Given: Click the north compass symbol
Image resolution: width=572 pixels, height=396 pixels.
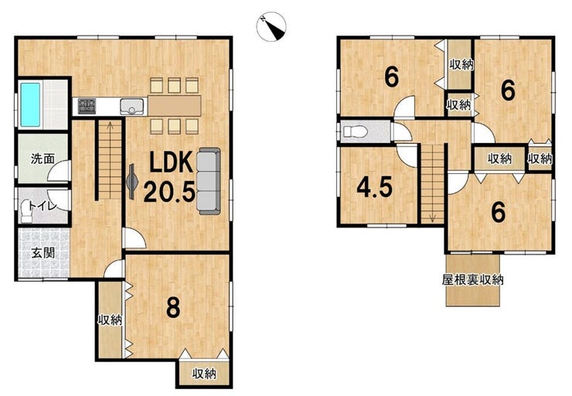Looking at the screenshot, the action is pos(271,26).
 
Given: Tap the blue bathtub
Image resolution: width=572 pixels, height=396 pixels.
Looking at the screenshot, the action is pos(30,104).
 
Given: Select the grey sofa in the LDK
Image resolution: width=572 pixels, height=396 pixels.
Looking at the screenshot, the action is pos(208,181).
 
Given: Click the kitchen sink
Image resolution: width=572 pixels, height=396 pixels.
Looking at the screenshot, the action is pos(131,107).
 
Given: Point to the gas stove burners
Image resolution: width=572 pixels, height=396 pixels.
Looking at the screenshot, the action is pos(87,106).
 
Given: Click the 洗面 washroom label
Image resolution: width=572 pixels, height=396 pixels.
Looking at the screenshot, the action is pos(43,159).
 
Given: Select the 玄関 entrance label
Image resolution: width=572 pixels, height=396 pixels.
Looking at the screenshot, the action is pos(43,253).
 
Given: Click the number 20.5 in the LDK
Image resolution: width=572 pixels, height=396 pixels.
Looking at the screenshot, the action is pos(169,192).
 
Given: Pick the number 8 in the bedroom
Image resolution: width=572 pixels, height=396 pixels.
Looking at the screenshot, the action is pos(173,307).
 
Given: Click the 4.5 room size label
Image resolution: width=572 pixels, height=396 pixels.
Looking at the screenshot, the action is pos(375,187).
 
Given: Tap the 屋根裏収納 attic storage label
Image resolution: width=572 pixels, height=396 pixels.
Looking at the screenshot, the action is pos(472,279).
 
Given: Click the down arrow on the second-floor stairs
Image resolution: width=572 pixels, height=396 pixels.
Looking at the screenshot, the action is pos(433,217).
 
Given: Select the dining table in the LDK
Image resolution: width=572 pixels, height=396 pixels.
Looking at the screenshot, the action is pos(175,106).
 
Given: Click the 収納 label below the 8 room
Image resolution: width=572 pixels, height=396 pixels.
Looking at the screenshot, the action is pos(204,374).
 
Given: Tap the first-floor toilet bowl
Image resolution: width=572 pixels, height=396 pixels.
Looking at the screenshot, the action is pos(27,213).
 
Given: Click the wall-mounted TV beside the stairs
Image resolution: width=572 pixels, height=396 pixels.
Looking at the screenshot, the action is pos(131,182).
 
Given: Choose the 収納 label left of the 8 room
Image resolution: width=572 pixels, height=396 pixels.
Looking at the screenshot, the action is pos(110,320).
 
